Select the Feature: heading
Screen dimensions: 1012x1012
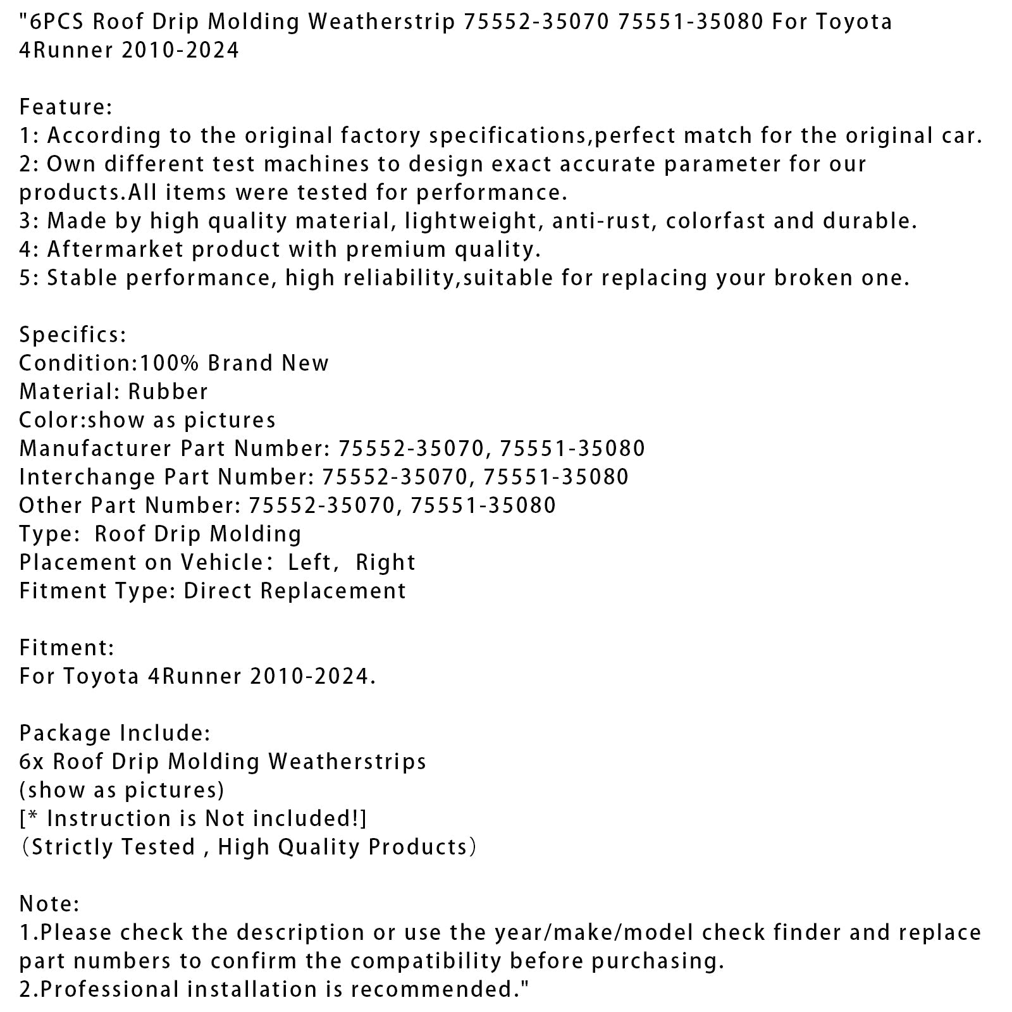tap(66, 107)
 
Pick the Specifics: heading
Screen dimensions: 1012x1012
tap(73, 335)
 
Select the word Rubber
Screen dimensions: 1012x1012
tap(168, 392)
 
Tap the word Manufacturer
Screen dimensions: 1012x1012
tap(96, 448)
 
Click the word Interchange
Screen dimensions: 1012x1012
tap(87, 477)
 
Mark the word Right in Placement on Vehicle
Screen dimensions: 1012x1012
tap(386, 562)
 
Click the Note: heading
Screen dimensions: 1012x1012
tap(49, 904)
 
